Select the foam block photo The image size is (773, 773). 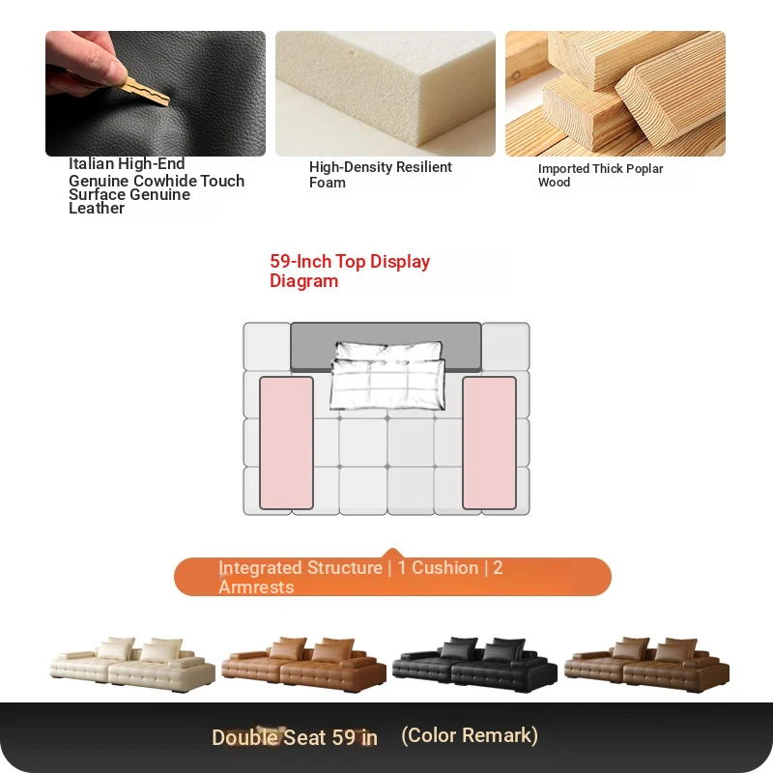[385, 94]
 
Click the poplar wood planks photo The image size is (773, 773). [616, 94]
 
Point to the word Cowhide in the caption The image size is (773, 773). [165, 181]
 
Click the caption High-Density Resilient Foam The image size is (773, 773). [380, 175]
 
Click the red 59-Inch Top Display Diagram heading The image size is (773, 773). [350, 271]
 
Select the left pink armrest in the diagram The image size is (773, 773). [286, 443]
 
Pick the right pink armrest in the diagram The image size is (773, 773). [490, 443]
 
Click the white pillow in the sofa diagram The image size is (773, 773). [387, 376]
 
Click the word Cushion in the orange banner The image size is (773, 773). [444, 568]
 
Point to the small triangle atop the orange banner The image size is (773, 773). [392, 553]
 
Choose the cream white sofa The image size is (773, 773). [132, 664]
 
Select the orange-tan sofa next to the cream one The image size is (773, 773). [303, 664]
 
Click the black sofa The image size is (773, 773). [474, 664]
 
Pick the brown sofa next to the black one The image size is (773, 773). [646, 664]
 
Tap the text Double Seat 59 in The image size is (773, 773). [295, 737]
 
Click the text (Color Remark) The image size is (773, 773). [470, 735]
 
